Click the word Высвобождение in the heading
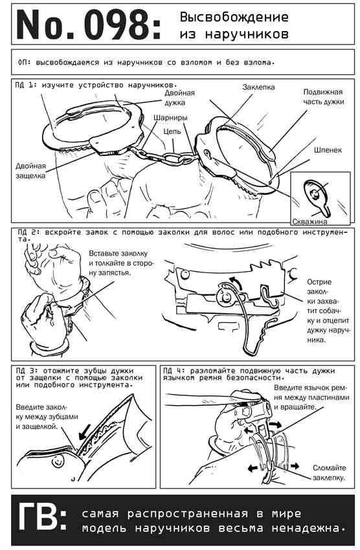(x=234, y=17)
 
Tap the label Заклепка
(x=258, y=87)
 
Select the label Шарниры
(x=170, y=118)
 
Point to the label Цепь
(x=172, y=131)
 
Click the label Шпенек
(x=328, y=149)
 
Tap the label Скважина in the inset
(x=310, y=221)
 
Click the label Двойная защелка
(x=30, y=170)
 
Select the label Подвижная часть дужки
(x=323, y=97)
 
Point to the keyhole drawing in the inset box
(x=317, y=196)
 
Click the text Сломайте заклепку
(x=329, y=472)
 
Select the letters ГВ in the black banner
(x=42, y=517)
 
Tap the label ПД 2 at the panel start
(x=27, y=232)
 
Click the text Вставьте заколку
(x=118, y=253)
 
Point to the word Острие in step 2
(x=319, y=282)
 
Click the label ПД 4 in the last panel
(x=173, y=371)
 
